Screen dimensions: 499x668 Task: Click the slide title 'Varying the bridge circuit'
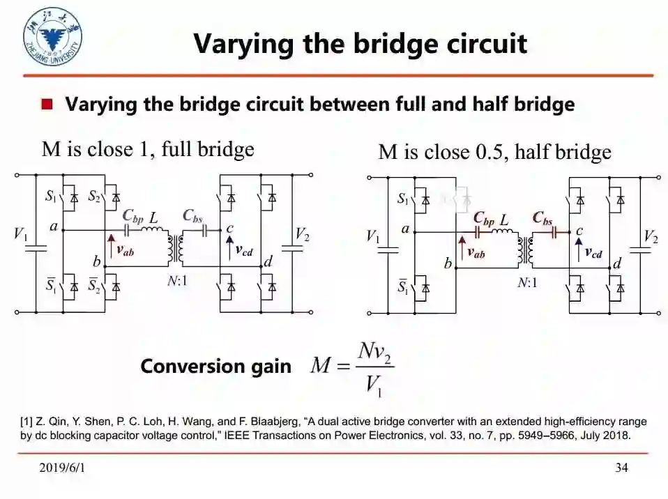click(x=360, y=43)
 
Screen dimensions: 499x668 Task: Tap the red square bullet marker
click(x=47, y=105)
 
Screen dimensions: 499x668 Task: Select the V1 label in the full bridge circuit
click(x=21, y=233)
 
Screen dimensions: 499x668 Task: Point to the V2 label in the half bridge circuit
click(x=650, y=237)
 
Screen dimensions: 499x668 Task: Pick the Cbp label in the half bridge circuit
click(x=484, y=218)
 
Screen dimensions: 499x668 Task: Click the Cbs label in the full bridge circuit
click(x=192, y=215)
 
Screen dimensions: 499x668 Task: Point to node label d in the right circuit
click(x=616, y=263)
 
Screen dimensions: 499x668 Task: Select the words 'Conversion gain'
click(x=215, y=367)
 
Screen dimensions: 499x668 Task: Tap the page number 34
click(x=621, y=468)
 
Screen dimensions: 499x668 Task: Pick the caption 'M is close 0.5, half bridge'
click(x=494, y=152)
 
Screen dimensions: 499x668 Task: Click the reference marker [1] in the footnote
click(x=26, y=422)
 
